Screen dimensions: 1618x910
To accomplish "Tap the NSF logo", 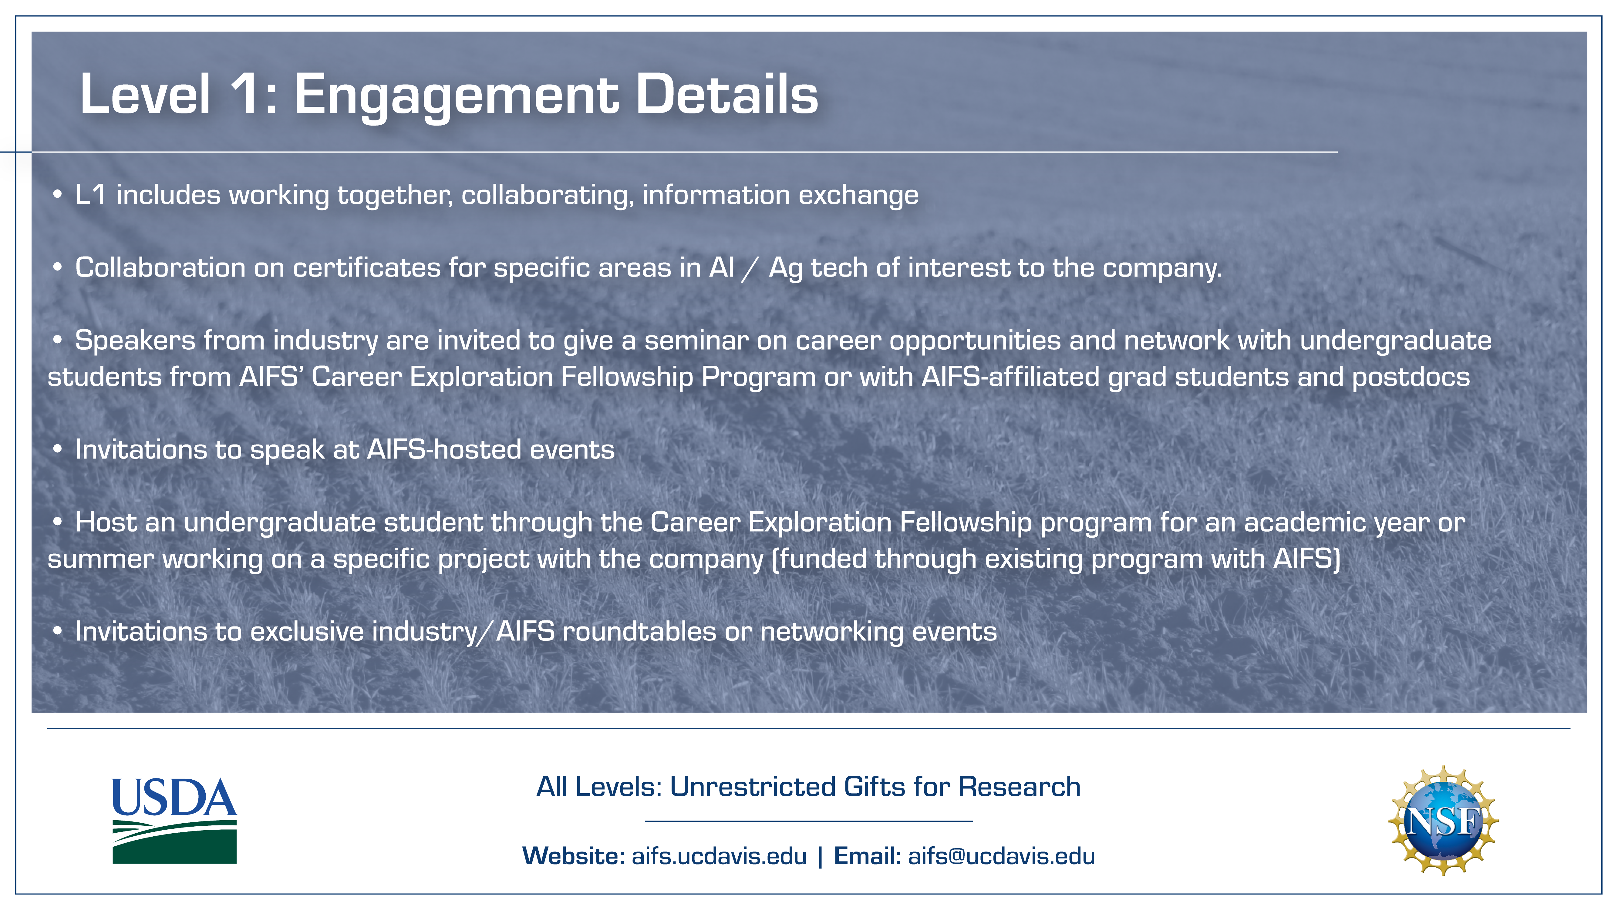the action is (x=1443, y=820).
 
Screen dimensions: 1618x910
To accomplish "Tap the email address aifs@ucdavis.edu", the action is (x=1001, y=856).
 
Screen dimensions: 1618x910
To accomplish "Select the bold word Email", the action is (x=867, y=856).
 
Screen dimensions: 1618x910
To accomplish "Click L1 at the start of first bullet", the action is (x=90, y=195).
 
